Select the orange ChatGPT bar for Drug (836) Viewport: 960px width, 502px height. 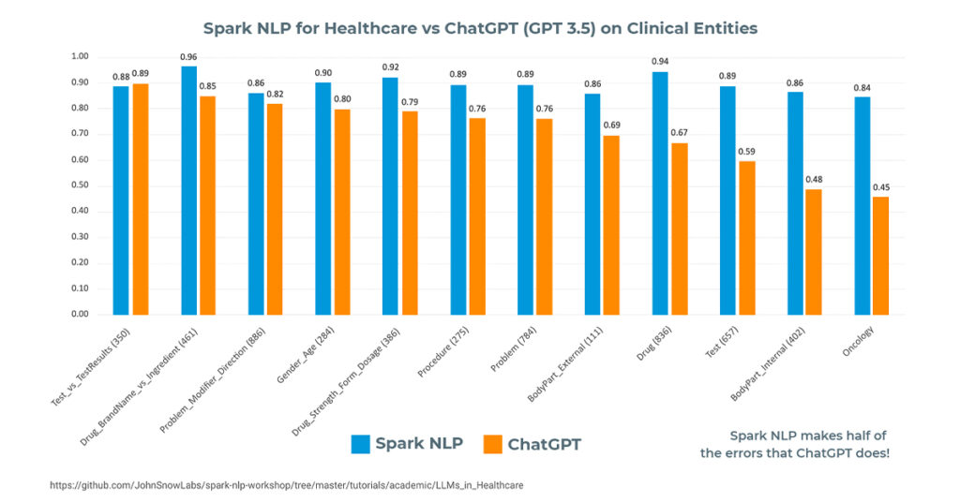coord(679,229)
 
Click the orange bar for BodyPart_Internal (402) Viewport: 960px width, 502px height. coord(813,252)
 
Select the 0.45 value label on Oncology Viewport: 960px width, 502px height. coord(881,187)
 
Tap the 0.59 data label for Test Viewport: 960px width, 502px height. coord(746,152)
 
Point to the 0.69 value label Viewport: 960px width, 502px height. coord(611,125)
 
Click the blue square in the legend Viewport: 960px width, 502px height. coord(360,444)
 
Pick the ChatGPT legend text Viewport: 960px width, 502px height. coord(544,445)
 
